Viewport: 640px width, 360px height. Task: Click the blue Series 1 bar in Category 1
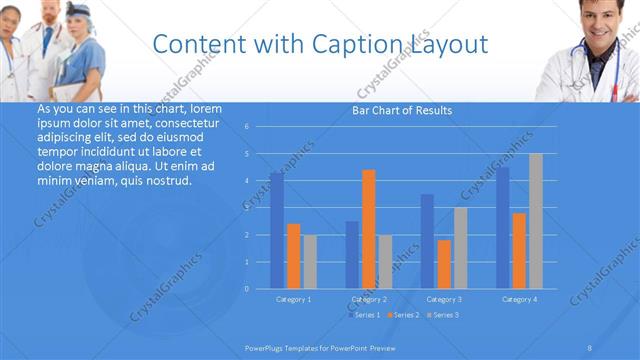pos(276,230)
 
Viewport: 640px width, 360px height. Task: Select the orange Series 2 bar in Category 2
pos(368,229)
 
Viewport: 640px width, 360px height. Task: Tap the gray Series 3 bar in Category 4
pos(535,221)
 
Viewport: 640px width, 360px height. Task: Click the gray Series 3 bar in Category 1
pos(310,262)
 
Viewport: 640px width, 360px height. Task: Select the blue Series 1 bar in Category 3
pos(427,241)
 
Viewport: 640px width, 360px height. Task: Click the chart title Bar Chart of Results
pos(402,110)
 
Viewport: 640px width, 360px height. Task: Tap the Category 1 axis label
pos(293,299)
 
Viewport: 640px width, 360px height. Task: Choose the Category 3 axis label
pos(443,299)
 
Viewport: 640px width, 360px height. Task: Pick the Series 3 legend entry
pos(445,315)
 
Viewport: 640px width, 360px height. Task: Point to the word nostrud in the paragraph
pos(166,181)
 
